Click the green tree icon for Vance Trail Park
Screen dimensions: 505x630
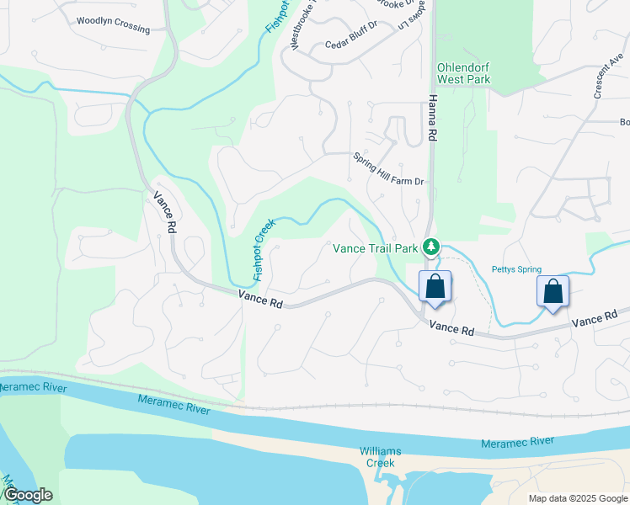pos(431,246)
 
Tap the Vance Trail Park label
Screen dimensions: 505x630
pos(376,248)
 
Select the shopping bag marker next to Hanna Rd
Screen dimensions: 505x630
pos(435,286)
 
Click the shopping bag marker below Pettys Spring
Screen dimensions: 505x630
pos(553,292)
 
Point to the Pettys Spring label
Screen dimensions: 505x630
pos(516,270)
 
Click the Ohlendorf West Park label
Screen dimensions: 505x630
pos(463,73)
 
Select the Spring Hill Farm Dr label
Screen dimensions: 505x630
pos(387,169)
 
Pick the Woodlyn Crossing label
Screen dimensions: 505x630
pos(113,24)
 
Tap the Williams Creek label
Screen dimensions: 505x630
pos(380,457)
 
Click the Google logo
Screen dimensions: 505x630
pos(28,495)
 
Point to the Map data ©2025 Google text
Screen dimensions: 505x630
pos(577,498)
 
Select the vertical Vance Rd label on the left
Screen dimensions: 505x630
pos(165,211)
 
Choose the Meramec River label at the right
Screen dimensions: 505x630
pos(517,442)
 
